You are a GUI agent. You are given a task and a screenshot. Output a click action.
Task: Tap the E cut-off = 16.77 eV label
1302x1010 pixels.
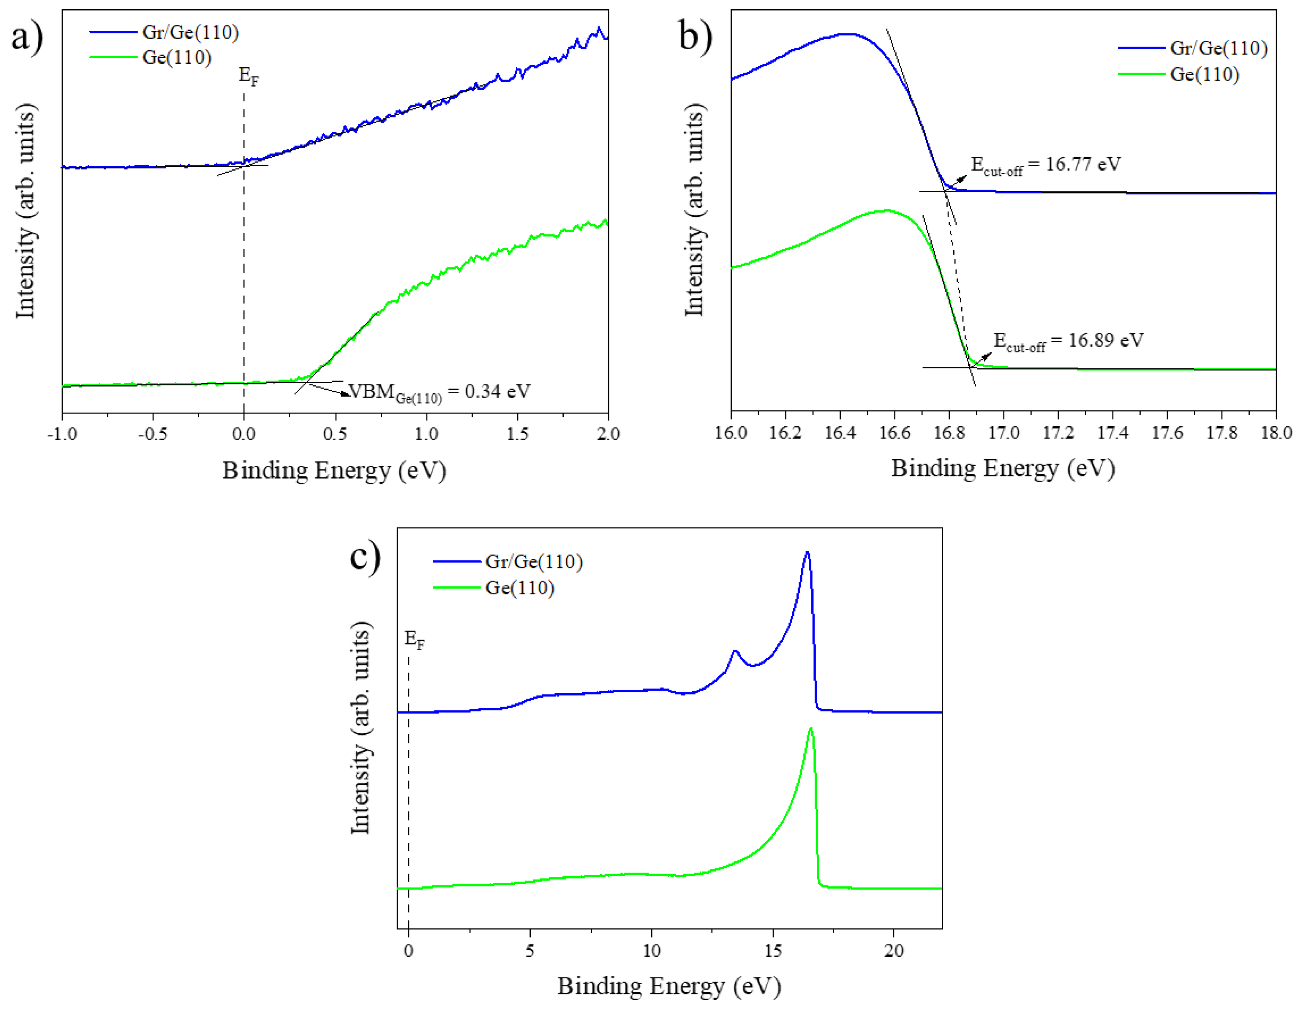point(1046,165)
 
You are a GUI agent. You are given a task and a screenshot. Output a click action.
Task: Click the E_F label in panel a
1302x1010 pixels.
point(248,76)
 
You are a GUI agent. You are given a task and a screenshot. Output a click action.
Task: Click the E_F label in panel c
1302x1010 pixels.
point(414,639)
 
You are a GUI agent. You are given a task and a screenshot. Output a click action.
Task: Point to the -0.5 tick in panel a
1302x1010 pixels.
point(153,433)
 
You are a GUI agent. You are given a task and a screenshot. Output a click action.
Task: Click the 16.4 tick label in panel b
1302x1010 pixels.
point(840,432)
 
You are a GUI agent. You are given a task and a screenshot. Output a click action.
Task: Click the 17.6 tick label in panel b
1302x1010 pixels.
point(1167,432)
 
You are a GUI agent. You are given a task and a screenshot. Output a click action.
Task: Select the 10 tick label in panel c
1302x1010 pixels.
point(652,950)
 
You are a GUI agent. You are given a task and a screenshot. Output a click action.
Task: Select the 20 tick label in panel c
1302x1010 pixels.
point(894,950)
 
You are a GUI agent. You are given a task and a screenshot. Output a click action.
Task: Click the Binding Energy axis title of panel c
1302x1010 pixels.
point(669,986)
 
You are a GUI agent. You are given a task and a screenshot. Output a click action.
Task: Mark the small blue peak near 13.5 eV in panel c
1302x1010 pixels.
point(735,651)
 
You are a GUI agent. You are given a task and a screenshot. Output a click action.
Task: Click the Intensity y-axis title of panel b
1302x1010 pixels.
point(694,210)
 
